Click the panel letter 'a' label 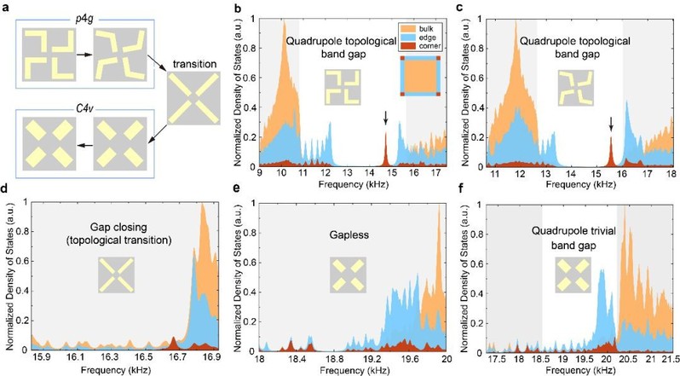[x=5, y=6]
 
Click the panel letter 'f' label [x=461, y=194]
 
